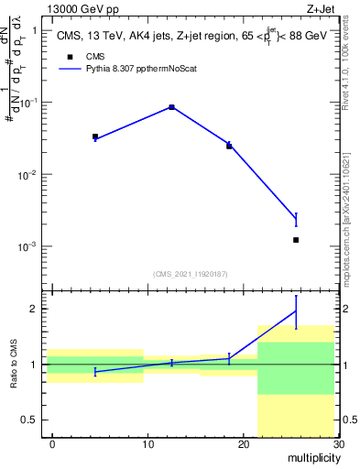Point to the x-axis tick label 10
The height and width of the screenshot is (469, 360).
[147, 444]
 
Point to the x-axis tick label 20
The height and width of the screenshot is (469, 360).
[243, 444]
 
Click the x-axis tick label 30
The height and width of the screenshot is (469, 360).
[337, 444]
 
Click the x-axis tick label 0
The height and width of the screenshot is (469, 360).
[52, 444]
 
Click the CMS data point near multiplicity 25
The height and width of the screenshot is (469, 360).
[296, 240]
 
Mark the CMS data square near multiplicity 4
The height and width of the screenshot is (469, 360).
[95, 136]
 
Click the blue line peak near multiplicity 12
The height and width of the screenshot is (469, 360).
[171, 107]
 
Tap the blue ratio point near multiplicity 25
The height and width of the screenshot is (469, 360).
[296, 311]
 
